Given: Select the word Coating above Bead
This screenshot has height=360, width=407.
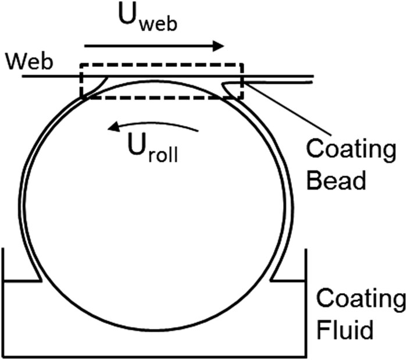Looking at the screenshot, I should click(x=351, y=149).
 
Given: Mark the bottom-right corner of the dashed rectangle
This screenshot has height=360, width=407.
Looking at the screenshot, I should click(x=244, y=98).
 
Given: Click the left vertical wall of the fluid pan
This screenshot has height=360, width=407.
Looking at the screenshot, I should click(x=5, y=302).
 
